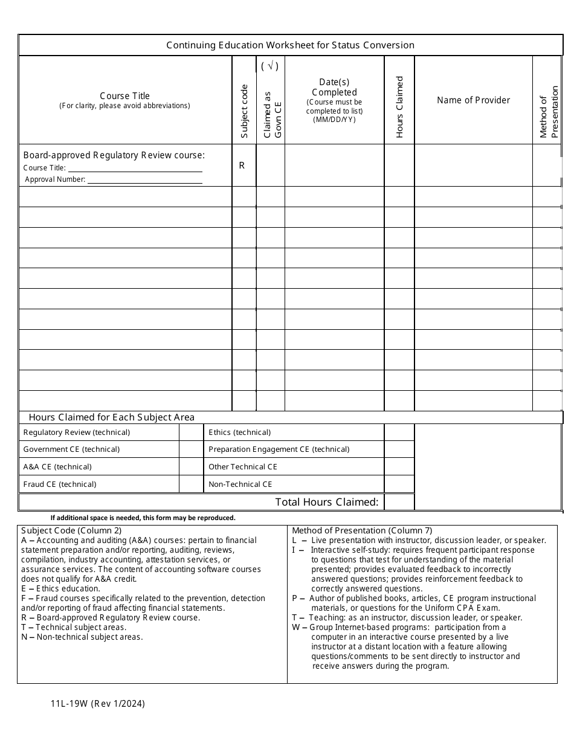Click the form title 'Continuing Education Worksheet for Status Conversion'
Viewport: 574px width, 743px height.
(290, 45)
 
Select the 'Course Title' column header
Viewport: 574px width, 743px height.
(124, 96)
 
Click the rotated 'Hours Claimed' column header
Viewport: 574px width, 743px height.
(399, 107)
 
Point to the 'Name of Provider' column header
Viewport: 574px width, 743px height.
(473, 100)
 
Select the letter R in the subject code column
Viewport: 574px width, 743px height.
(242, 166)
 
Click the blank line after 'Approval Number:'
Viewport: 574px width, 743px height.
(145, 180)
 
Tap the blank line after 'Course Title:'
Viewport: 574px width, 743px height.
(134, 169)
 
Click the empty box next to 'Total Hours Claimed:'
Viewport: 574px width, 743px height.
(399, 502)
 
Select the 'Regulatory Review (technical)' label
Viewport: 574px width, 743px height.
(77, 433)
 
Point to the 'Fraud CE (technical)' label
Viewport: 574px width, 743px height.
(60, 484)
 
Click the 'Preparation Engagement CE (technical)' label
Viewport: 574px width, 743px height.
(279, 449)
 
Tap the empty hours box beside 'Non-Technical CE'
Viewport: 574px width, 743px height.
(399, 484)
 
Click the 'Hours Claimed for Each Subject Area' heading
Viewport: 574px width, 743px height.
(112, 417)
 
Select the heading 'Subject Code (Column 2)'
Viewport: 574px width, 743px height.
(71, 530)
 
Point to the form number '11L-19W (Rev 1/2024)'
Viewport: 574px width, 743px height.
(98, 704)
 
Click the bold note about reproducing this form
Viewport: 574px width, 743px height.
(143, 518)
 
